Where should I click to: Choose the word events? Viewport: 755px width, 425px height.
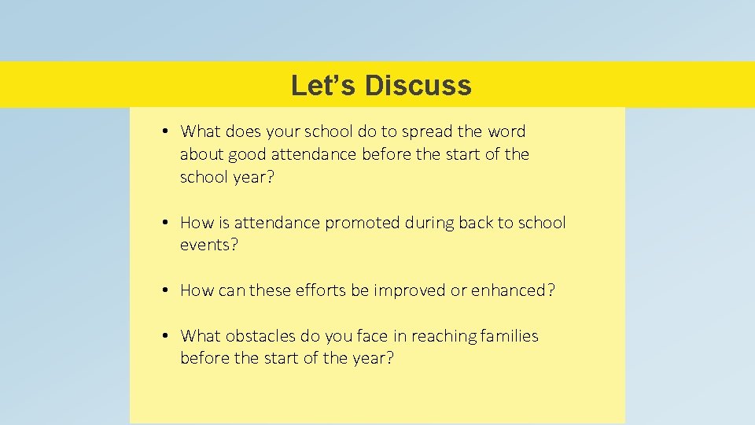pyautogui.click(x=209, y=246)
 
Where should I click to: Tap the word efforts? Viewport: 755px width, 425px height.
pyautogui.click(x=319, y=290)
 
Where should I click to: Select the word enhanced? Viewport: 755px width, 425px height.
pyautogui.click(x=513, y=290)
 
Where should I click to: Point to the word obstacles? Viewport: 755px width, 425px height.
pyautogui.click(x=260, y=336)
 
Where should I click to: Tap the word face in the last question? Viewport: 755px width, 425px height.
pyautogui.click(x=372, y=336)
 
